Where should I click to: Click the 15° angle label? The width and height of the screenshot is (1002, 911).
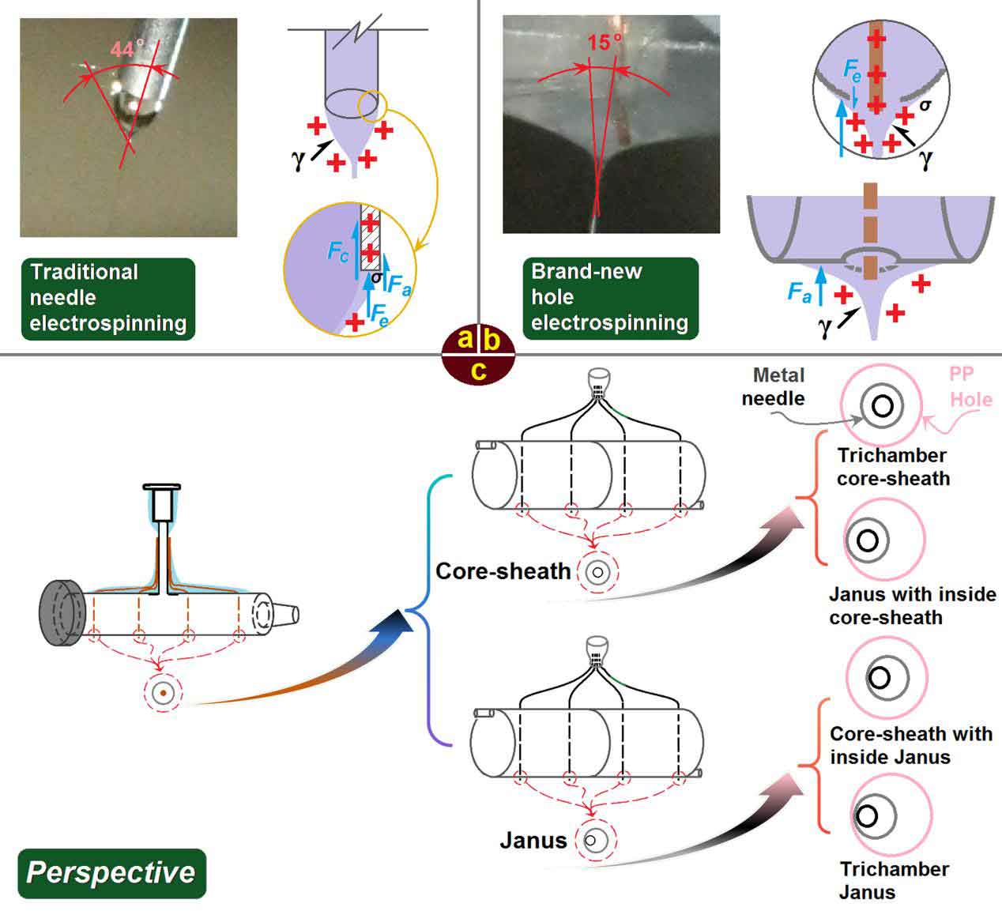pyautogui.click(x=604, y=43)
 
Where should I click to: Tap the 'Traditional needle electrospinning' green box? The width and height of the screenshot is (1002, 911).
pyautogui.click(x=108, y=298)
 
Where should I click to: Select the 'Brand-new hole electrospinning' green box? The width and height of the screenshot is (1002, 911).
pyautogui.click(x=609, y=297)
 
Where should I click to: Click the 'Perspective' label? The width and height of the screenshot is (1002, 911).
pyautogui.click(x=111, y=872)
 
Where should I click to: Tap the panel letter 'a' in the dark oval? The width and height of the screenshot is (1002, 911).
pyautogui.click(x=465, y=341)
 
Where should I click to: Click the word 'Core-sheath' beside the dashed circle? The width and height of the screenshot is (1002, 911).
pyautogui.click(x=503, y=570)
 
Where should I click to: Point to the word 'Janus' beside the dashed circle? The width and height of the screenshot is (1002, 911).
pyautogui.click(x=533, y=841)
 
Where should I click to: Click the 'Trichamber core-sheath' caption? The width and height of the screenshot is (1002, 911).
pyautogui.click(x=893, y=467)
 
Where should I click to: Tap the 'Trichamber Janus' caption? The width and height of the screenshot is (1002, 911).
pyautogui.click(x=894, y=881)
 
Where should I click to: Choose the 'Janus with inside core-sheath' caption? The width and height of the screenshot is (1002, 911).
pyautogui.click(x=912, y=605)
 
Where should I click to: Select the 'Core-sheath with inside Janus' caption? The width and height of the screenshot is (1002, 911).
pyautogui.click(x=910, y=745)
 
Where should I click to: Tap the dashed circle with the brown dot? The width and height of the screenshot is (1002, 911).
pyautogui.click(x=163, y=693)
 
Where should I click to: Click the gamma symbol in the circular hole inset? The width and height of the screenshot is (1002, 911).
pyautogui.click(x=925, y=159)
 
